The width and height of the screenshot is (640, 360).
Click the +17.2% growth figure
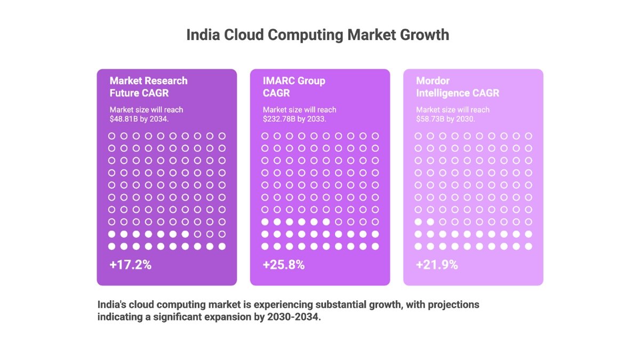pyautogui.click(x=131, y=265)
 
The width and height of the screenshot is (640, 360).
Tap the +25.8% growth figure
pyautogui.click(x=284, y=265)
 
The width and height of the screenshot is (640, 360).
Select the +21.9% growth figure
pyautogui.click(x=437, y=265)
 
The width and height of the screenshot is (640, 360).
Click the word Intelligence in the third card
pyautogui.click(x=442, y=93)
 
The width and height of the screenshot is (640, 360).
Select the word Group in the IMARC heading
pyautogui.click(x=311, y=81)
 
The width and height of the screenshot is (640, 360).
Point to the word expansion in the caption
pyautogui.click(x=229, y=317)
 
